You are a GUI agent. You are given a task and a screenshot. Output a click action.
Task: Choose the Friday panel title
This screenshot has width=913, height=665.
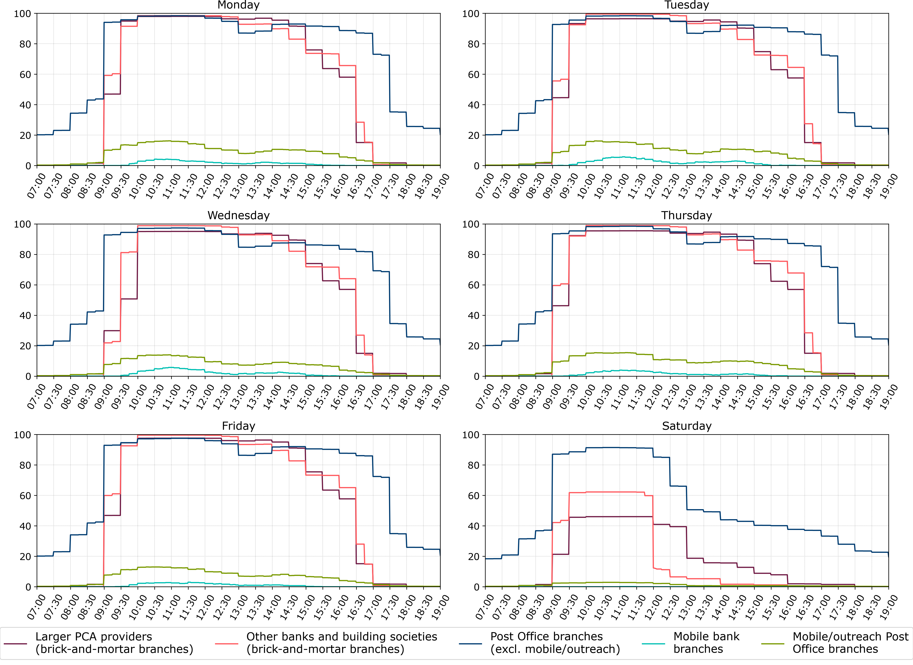238,426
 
